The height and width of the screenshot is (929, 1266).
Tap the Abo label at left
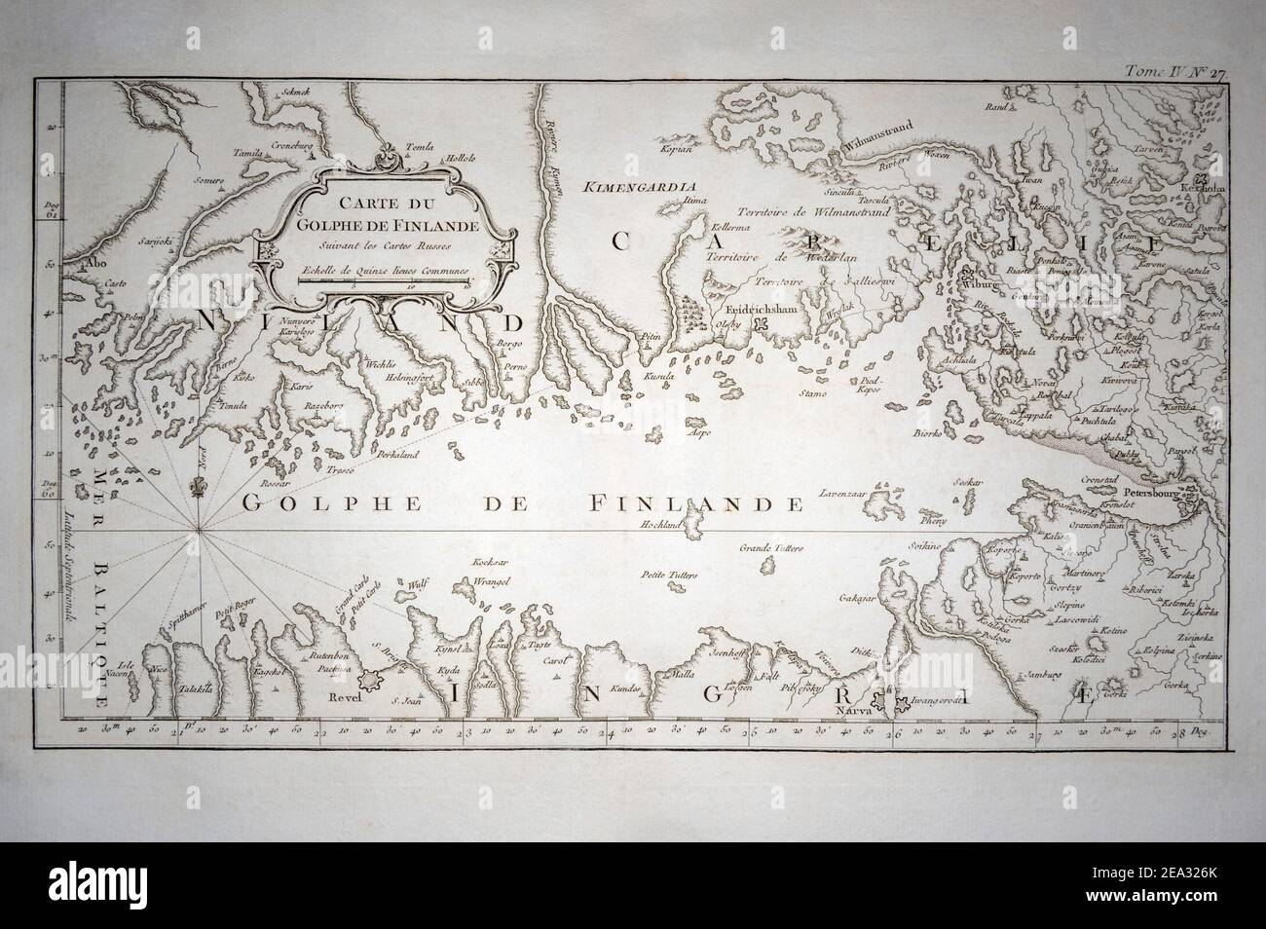94,262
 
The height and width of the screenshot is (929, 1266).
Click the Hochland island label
659,523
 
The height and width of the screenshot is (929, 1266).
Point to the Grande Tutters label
772,549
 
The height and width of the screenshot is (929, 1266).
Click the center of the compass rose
199,530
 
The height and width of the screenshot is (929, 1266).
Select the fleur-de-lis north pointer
199,484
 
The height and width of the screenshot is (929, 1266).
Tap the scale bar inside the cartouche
386,280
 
